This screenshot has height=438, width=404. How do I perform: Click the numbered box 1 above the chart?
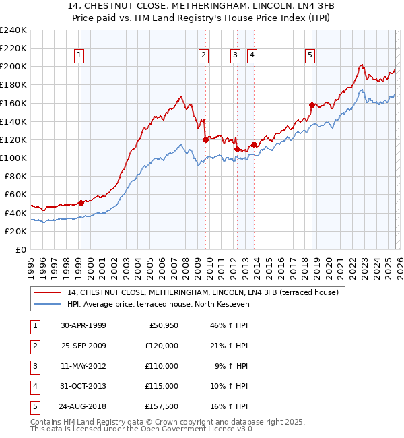tap(79, 55)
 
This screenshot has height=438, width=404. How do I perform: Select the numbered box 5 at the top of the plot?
tap(310, 55)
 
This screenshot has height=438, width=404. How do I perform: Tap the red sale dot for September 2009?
tap(205, 139)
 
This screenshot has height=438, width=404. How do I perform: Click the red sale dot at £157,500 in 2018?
tap(312, 105)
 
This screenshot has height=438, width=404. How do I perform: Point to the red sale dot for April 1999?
tap(81, 202)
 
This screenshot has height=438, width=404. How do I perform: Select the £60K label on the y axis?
tap(15, 195)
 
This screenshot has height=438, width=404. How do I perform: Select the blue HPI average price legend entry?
tap(158, 305)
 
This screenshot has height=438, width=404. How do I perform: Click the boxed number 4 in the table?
tap(35, 386)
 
